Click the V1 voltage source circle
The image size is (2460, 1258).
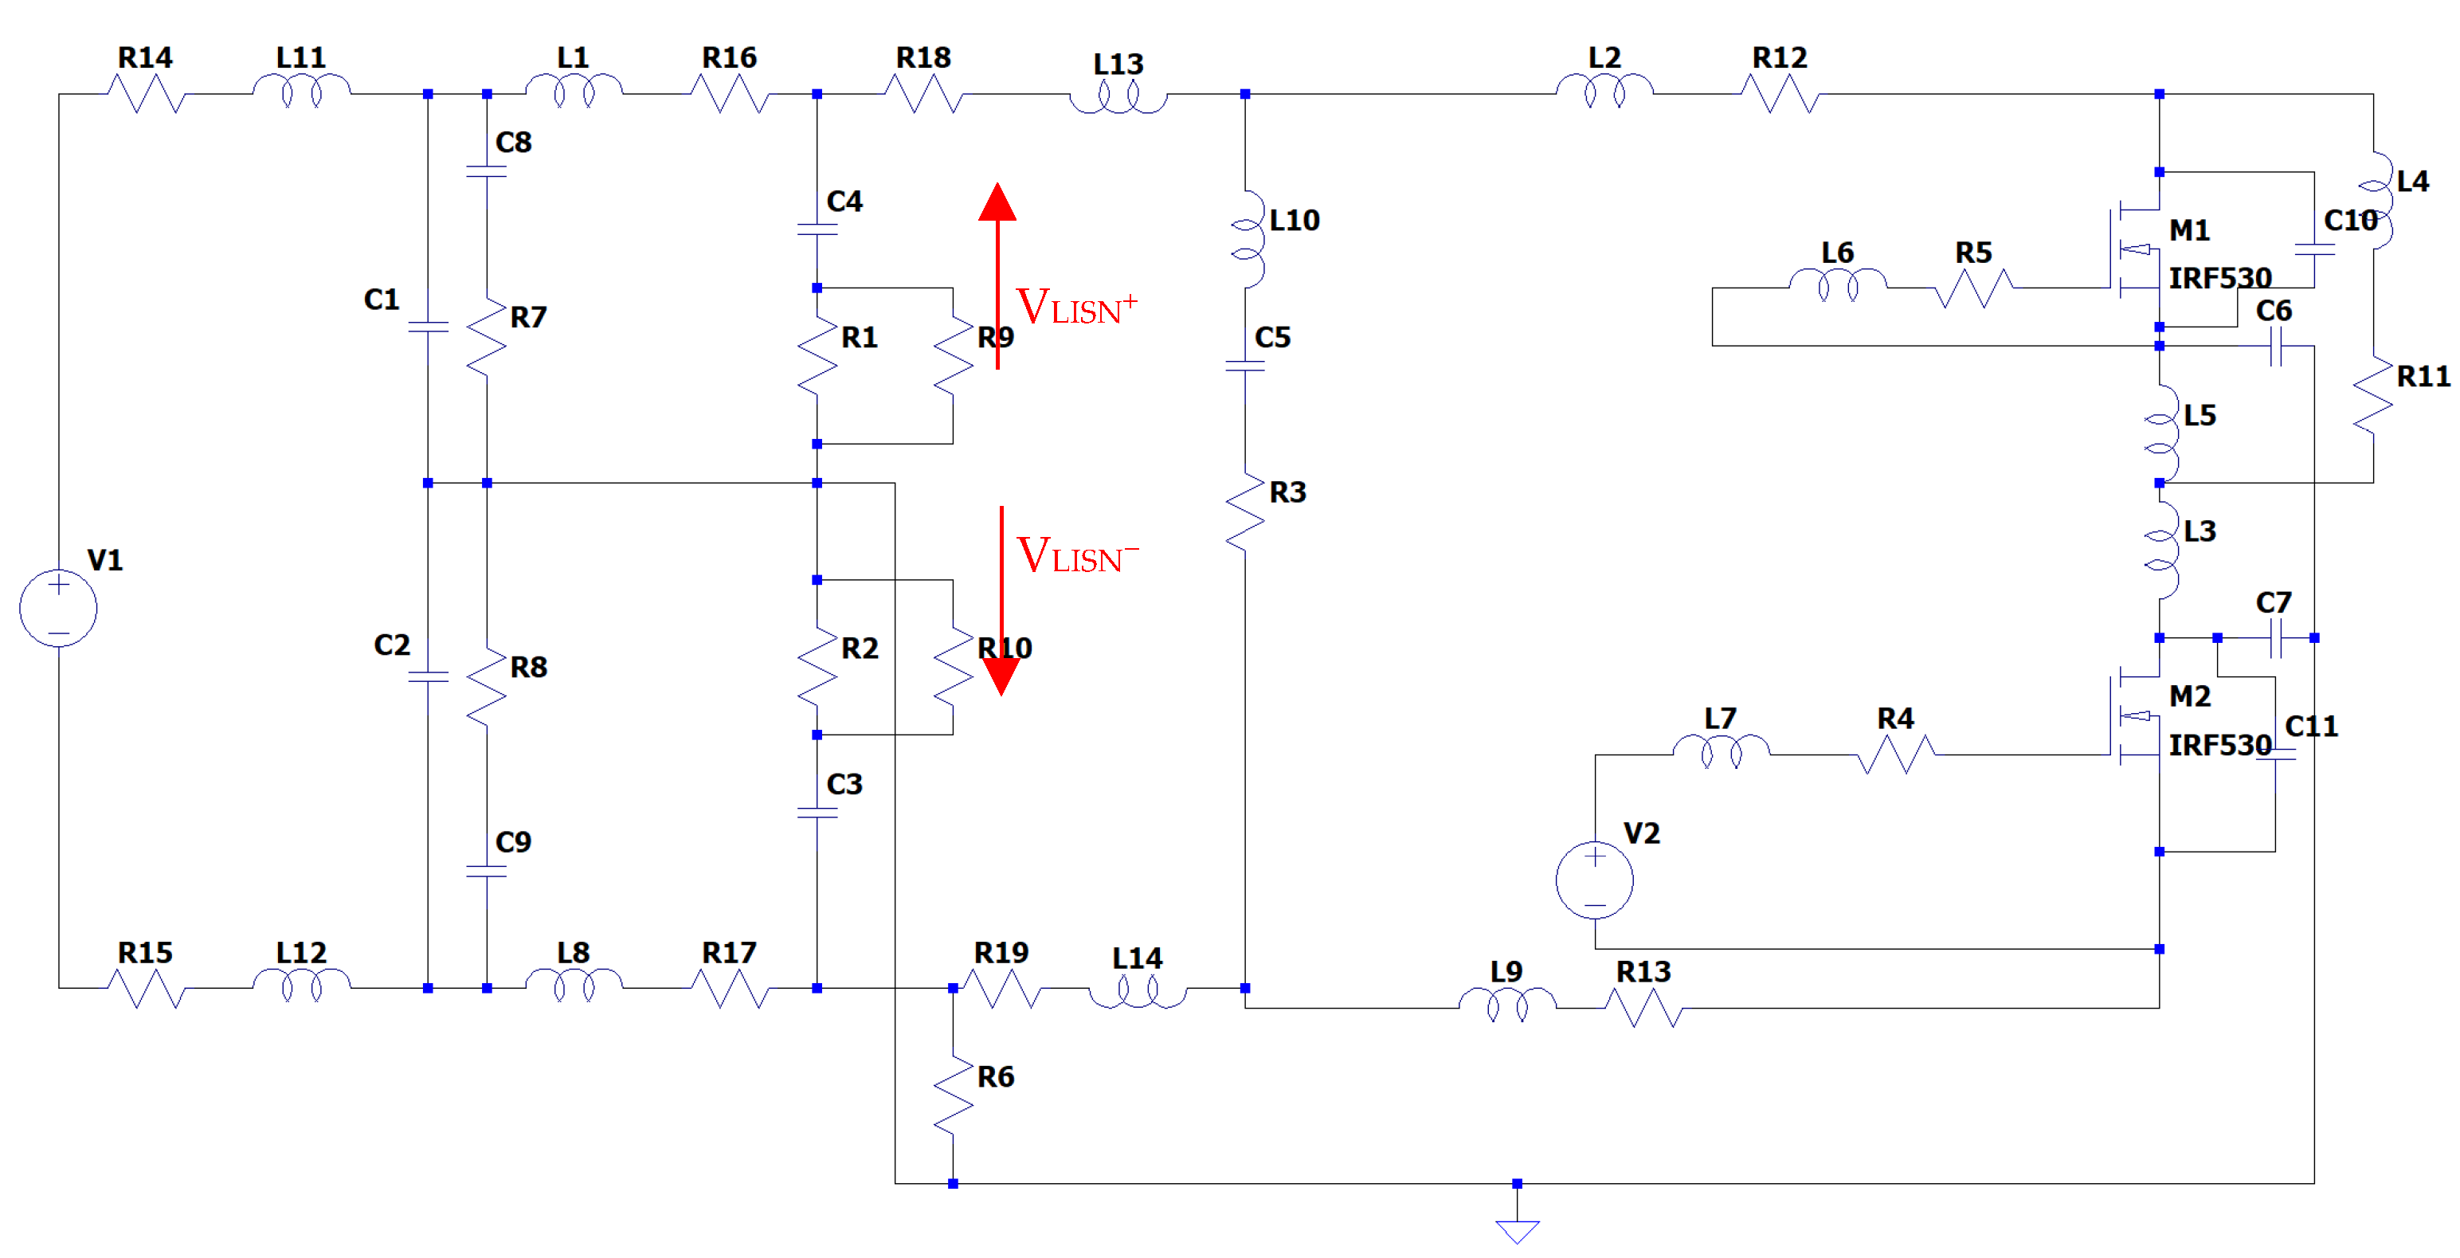click(58, 608)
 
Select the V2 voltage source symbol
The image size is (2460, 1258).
click(1594, 880)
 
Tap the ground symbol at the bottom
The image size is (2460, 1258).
click(1517, 1231)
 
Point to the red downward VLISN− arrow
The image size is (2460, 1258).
click(1001, 601)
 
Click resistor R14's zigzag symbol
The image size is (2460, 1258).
click(145, 93)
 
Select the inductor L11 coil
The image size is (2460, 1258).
click(301, 92)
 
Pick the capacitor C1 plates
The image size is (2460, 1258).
click(428, 327)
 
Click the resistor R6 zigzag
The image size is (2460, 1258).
click(953, 1095)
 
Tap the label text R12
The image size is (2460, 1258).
click(1779, 57)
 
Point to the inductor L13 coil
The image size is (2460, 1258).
click(1118, 97)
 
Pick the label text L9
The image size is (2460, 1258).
click(1506, 971)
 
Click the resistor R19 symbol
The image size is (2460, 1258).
click(1001, 989)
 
